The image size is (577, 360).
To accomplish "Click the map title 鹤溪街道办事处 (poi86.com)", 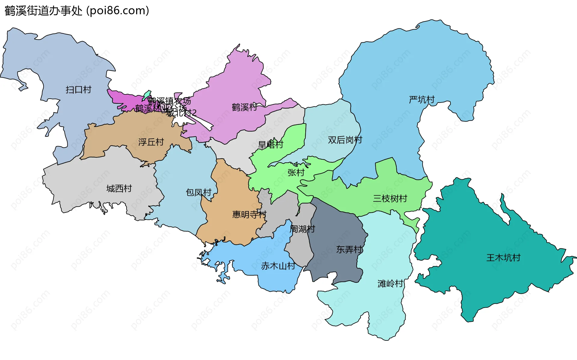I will [77, 11].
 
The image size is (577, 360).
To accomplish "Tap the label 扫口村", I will [78, 90].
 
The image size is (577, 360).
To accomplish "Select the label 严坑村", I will [422, 100].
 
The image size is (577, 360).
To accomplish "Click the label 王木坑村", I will [503, 258].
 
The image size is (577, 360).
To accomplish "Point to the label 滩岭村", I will [390, 284].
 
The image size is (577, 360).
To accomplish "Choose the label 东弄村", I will [349, 249].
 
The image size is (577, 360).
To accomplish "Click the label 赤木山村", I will [278, 266].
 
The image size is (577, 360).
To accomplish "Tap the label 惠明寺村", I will [249, 214].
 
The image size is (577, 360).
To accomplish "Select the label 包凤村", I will [198, 192].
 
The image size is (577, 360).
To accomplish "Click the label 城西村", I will [119, 189].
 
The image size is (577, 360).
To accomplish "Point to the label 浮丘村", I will [151, 142].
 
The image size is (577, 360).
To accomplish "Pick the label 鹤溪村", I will [244, 107].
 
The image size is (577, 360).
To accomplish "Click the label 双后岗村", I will [345, 140].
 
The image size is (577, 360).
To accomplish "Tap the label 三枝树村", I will [390, 198].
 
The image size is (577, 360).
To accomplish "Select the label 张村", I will [296, 173].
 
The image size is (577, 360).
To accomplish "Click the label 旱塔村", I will [270, 145].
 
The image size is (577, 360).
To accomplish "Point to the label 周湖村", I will [302, 229].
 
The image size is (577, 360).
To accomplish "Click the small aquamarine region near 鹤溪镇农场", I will [146, 95].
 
